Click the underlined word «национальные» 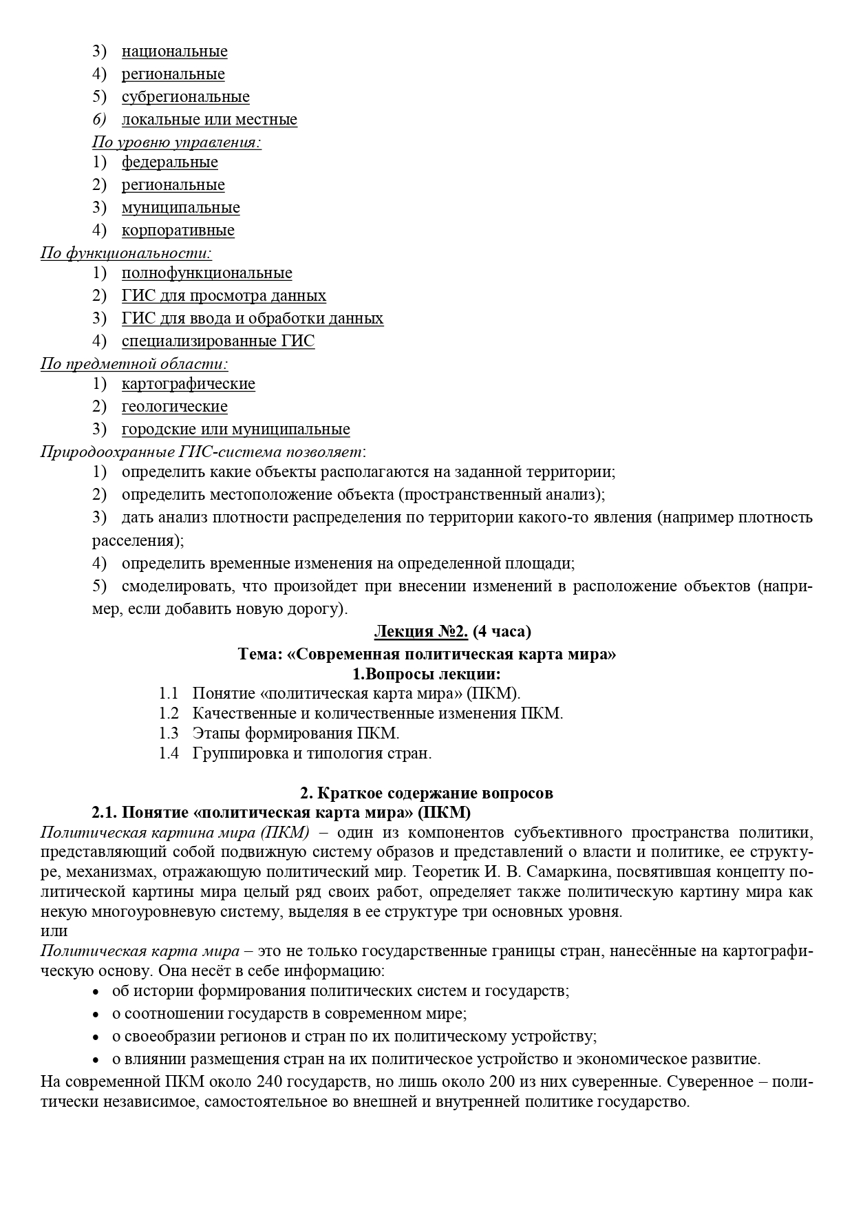tap(174, 52)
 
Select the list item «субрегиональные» tap(185, 97)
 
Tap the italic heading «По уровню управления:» tap(177, 142)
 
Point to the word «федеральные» tap(169, 162)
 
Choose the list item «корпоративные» tap(178, 231)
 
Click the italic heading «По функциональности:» tap(126, 253)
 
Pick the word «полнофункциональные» tap(206, 273)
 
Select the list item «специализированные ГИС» tap(217, 341)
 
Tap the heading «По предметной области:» tap(134, 363)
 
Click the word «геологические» tap(174, 407)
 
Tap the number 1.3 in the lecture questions tap(169, 733)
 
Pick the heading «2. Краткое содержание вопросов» tap(427, 793)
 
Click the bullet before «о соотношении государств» tap(96, 1015)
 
